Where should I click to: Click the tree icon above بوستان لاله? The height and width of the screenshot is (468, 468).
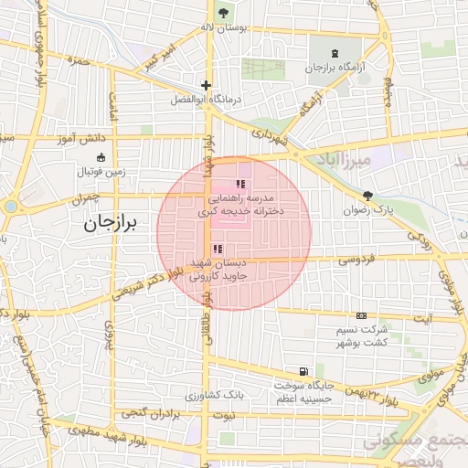click(224, 13)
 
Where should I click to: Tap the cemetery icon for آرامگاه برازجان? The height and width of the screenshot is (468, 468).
click(335, 52)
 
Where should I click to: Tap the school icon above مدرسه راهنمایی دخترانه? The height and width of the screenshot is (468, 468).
click(240, 185)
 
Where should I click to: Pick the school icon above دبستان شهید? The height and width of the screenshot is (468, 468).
click(217, 249)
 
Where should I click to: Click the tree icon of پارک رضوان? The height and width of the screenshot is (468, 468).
click(367, 195)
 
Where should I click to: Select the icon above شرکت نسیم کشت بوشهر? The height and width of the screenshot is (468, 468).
click(360, 314)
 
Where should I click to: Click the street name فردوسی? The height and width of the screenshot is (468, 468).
click(356, 260)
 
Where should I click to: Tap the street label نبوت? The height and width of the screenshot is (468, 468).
click(222, 416)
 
